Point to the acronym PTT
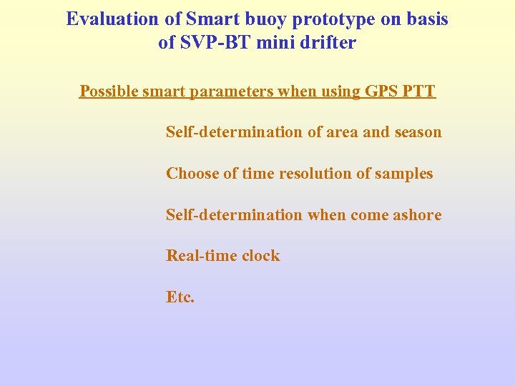pyautogui.click(x=421, y=91)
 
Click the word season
pyautogui.click(x=418, y=132)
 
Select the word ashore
pyautogui.click(x=418, y=215)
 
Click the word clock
pyautogui.click(x=260, y=256)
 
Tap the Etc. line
pyautogui.click(x=180, y=297)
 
